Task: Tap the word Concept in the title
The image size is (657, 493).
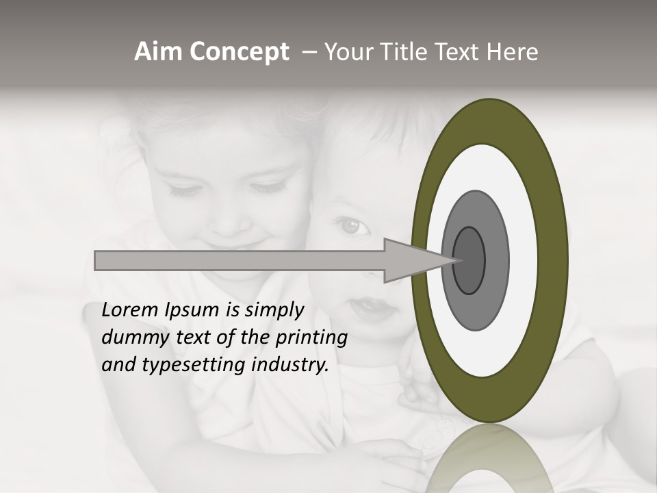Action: [239, 53]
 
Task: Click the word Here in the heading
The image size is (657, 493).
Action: [513, 52]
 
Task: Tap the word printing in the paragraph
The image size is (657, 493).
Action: [311, 338]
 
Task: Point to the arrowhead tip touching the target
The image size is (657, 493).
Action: [456, 260]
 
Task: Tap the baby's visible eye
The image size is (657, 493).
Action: [351, 226]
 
